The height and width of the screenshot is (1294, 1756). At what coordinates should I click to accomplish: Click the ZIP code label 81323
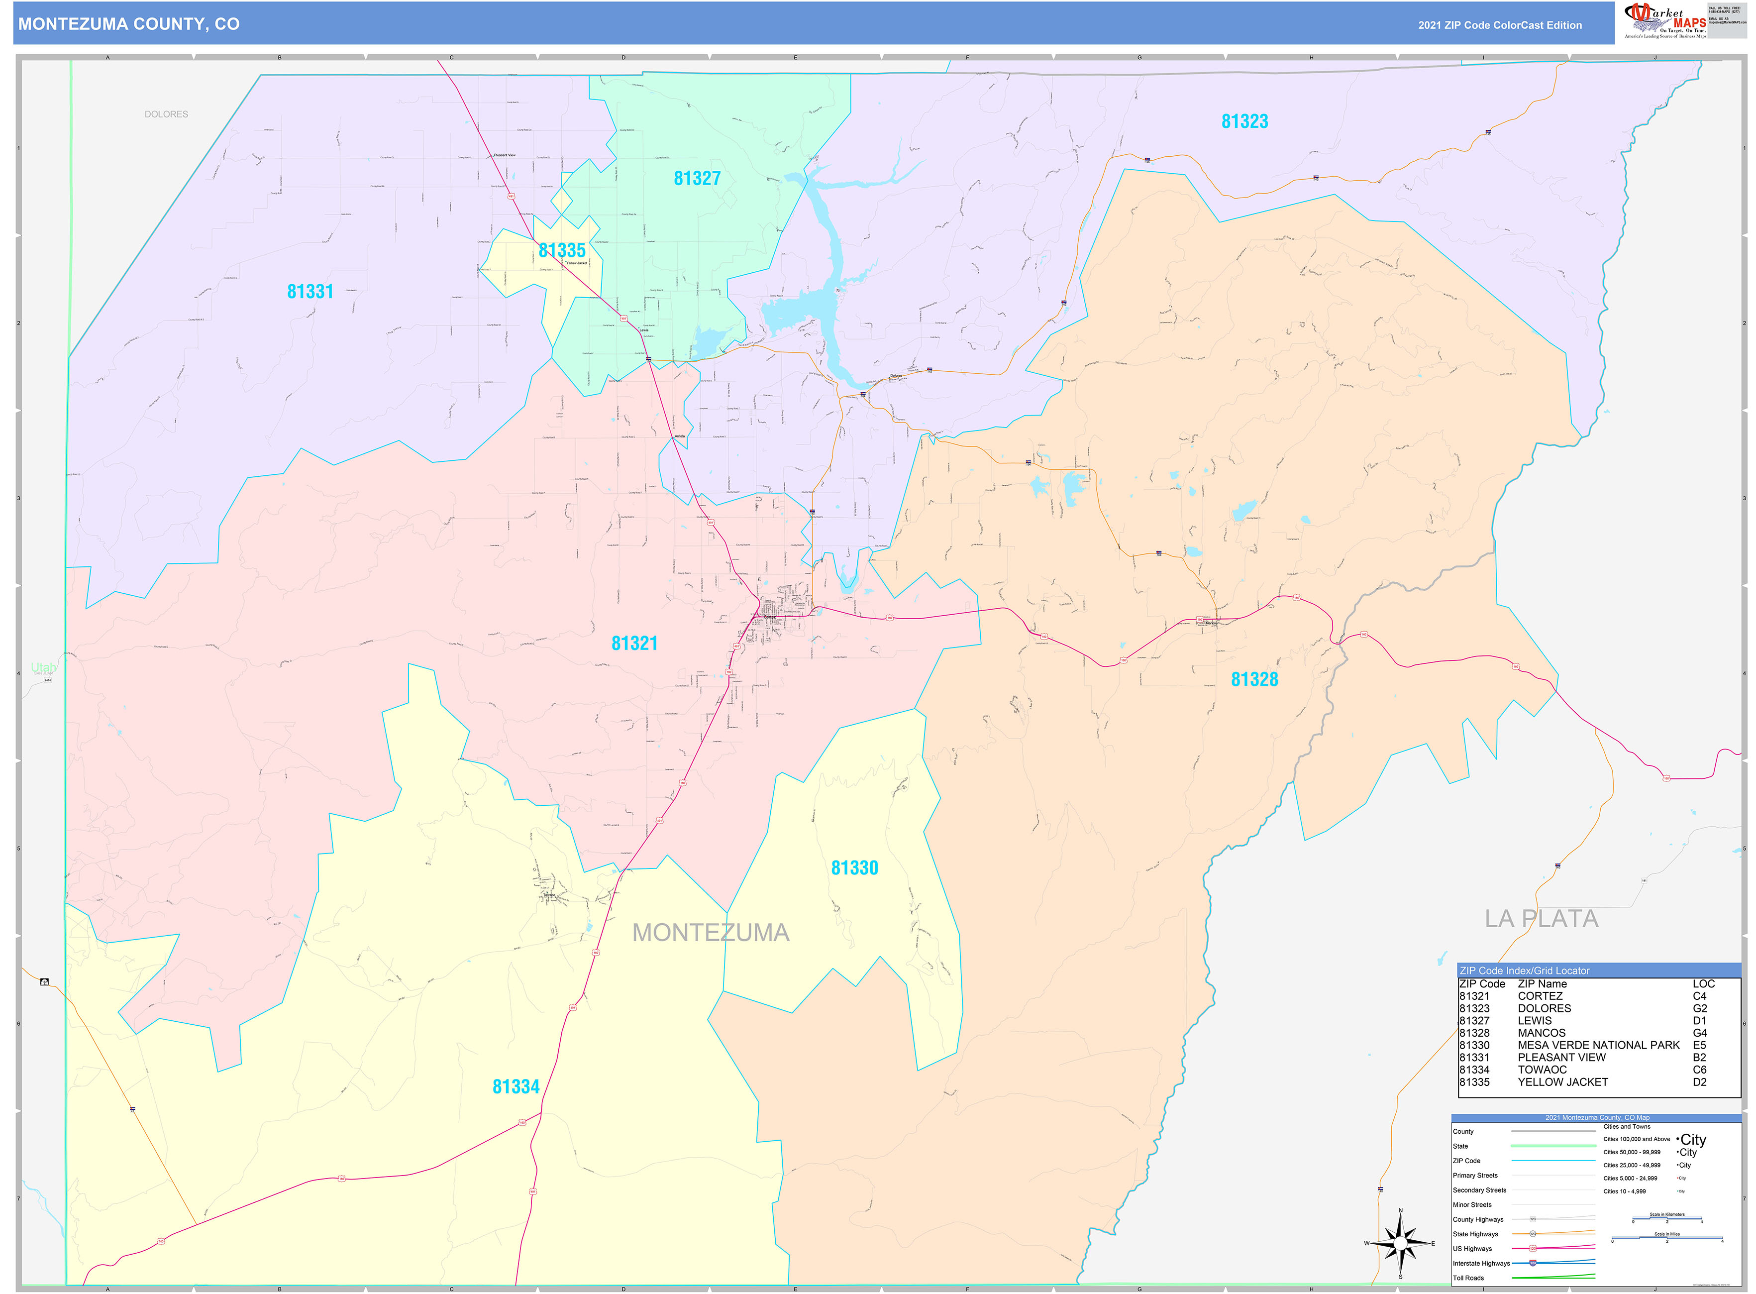[x=1244, y=121]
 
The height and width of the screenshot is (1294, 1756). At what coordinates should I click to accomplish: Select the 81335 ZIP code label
[x=562, y=251]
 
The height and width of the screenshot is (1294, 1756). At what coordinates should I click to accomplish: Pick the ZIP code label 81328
[x=1254, y=680]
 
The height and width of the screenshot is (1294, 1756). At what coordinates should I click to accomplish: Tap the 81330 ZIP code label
[x=854, y=868]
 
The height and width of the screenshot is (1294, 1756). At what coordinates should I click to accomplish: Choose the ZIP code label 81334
[x=516, y=1086]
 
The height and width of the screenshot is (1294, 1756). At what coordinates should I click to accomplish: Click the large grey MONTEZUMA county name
[x=711, y=933]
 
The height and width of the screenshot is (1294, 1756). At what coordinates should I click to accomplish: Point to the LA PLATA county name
[x=1541, y=919]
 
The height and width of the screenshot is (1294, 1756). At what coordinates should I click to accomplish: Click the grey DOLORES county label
[x=166, y=114]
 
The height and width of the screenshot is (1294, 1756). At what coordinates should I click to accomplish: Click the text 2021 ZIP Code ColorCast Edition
[x=1499, y=25]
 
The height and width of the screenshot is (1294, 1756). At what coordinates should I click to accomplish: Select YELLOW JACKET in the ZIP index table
[x=1562, y=1081]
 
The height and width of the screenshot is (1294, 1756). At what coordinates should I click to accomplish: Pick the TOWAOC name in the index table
[x=1542, y=1069]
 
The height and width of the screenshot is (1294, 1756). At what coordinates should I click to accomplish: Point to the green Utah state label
[x=43, y=667]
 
